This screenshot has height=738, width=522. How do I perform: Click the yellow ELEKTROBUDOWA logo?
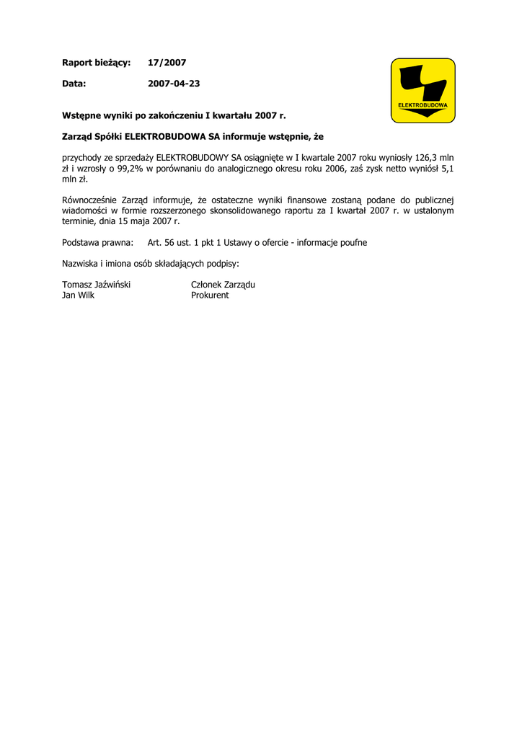(x=423, y=90)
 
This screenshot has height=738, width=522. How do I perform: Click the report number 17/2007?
(x=167, y=63)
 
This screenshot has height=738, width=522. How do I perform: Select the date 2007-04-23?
(x=174, y=84)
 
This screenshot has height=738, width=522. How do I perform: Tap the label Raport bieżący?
(x=96, y=63)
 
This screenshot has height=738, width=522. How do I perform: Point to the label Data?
(x=74, y=84)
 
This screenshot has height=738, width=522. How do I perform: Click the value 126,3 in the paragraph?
(x=426, y=156)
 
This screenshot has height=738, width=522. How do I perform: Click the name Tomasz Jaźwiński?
(x=96, y=285)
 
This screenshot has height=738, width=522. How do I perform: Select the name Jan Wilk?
(x=78, y=295)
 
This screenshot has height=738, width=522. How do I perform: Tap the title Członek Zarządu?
(x=223, y=285)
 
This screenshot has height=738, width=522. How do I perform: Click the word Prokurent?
(x=210, y=295)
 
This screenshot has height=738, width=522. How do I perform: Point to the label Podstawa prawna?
(x=98, y=243)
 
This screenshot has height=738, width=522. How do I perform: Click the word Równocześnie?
(x=89, y=200)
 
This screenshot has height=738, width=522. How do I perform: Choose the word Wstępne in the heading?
(x=81, y=115)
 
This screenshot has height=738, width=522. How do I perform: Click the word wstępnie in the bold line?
(x=290, y=136)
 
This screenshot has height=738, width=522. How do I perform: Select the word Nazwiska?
(x=81, y=264)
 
